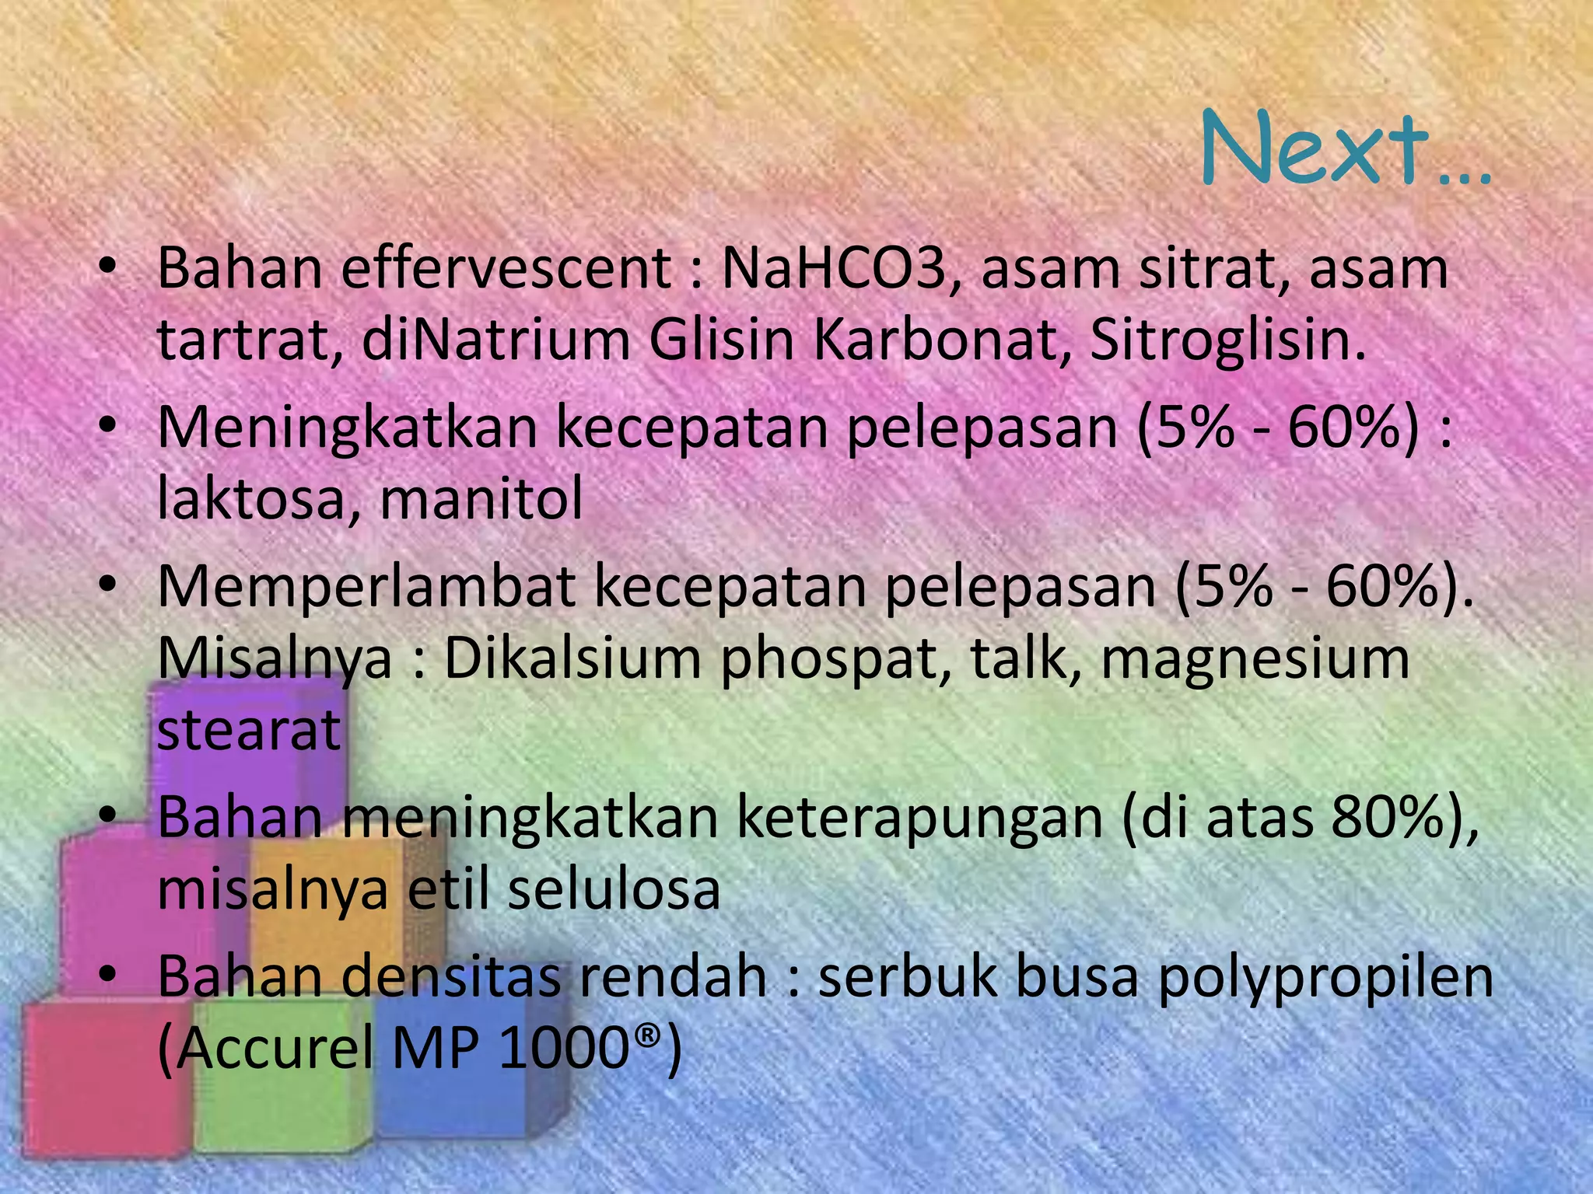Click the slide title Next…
[1346, 149]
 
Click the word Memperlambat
[366, 588]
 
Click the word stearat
[249, 730]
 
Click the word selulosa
[614, 889]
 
